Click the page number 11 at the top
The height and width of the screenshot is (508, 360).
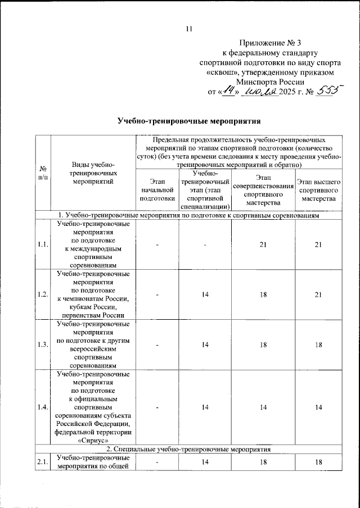click(189, 29)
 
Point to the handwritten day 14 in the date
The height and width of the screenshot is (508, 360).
click(228, 92)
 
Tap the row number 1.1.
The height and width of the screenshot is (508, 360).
click(43, 243)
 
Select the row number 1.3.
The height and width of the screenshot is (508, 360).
click(43, 344)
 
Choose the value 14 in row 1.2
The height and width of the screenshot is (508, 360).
click(206, 294)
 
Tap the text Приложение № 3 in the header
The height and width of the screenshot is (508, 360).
click(271, 43)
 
